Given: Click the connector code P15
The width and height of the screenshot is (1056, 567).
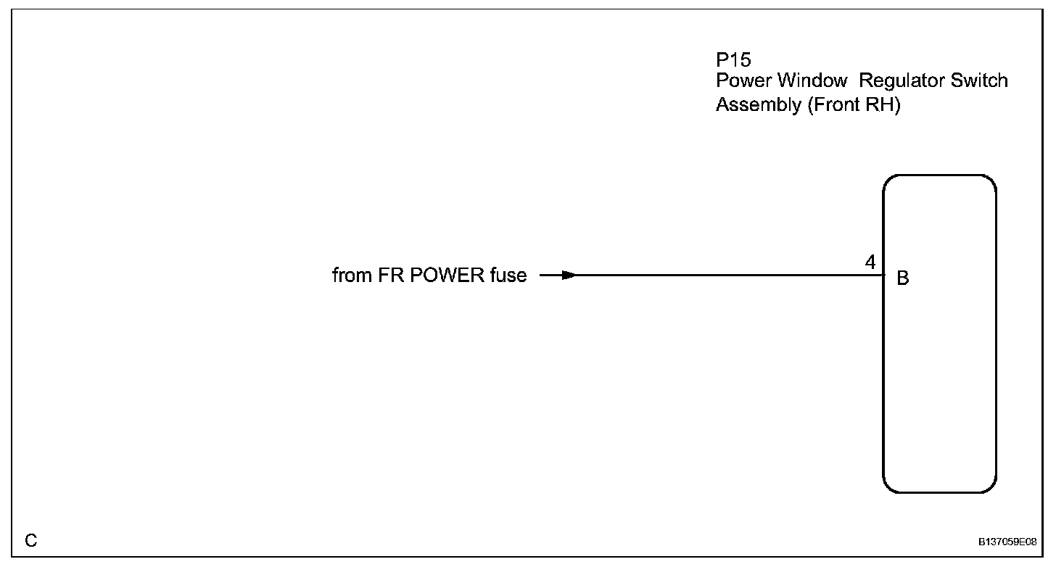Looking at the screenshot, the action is point(733,60).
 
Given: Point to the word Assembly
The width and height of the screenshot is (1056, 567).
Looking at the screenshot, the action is point(756,105).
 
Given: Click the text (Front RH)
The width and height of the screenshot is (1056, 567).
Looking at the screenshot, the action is point(853,105).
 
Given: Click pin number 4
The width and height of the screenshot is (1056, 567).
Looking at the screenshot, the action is point(870,262).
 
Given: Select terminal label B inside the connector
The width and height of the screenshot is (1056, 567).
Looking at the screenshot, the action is point(903,279).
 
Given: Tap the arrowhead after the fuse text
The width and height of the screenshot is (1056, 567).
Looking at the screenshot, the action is point(568,276).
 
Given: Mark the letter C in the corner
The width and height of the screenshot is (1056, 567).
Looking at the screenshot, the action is point(31,540).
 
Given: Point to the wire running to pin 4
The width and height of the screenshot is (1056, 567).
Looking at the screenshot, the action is point(725,276).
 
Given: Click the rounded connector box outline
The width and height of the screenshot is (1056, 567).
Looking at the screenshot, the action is point(996,334).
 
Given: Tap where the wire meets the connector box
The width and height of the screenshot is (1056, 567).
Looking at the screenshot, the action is point(883,276).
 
